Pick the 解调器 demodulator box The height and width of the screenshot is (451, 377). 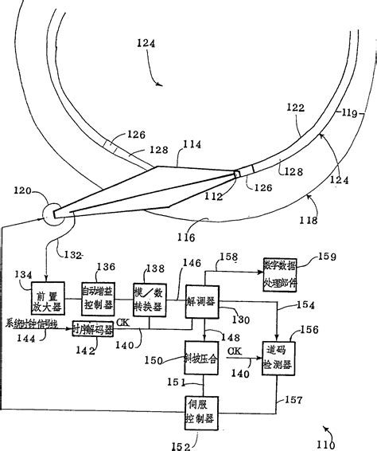(203, 302)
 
